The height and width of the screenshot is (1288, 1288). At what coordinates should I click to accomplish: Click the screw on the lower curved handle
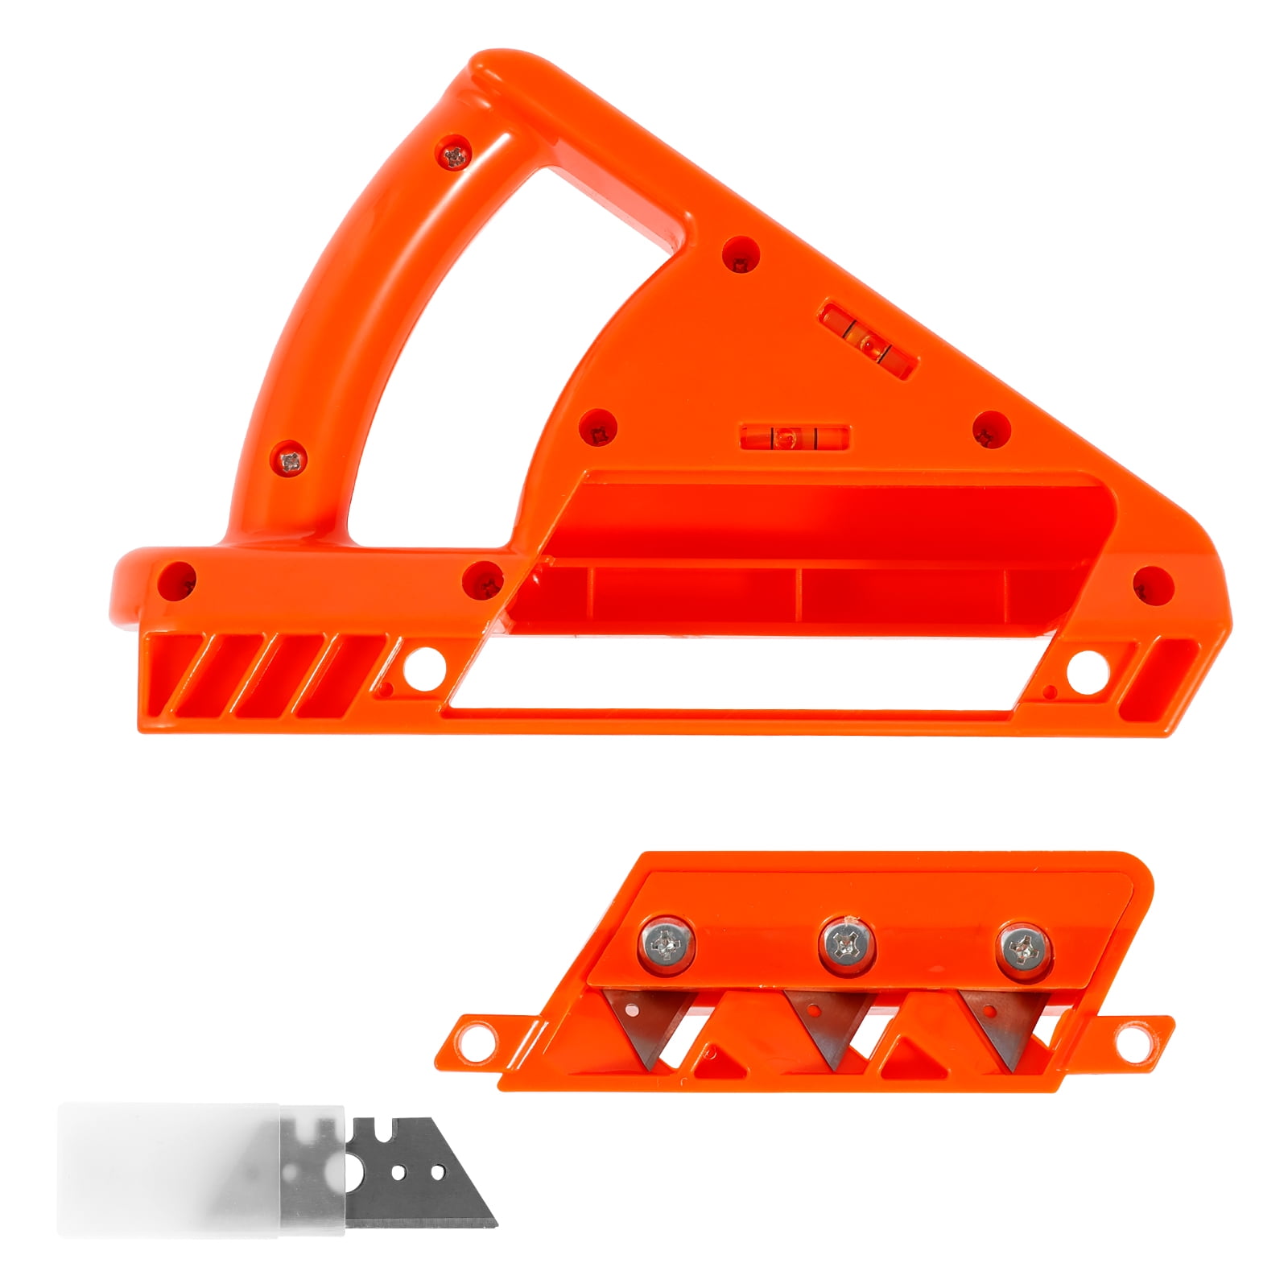click(x=291, y=460)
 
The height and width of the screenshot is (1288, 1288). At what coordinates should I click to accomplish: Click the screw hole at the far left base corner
click(x=178, y=579)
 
